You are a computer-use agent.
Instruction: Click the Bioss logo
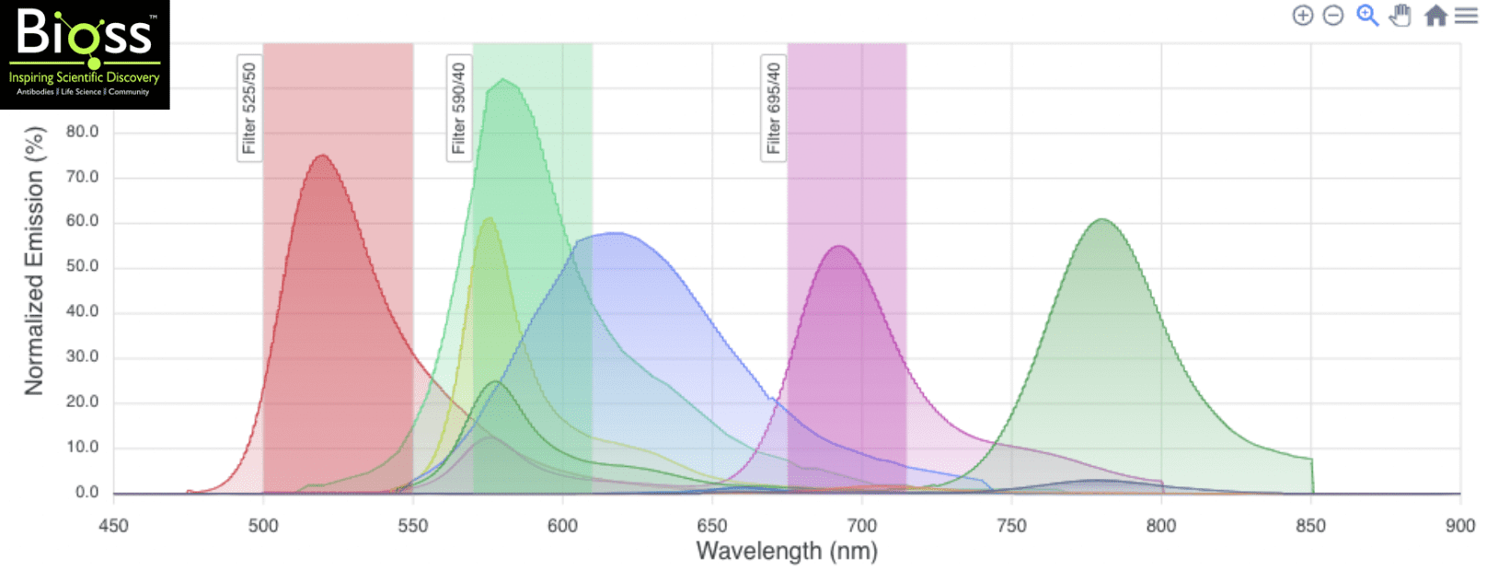click(x=85, y=54)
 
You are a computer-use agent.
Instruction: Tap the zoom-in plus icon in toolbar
click(x=1302, y=16)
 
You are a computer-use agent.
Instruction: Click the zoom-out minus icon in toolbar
click(x=1333, y=16)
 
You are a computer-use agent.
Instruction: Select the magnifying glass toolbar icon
click(x=1367, y=16)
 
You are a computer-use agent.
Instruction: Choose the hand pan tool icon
click(x=1401, y=16)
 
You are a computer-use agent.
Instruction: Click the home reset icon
click(x=1435, y=16)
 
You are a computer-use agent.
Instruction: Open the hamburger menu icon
click(x=1466, y=16)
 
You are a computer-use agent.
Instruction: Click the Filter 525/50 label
click(x=249, y=108)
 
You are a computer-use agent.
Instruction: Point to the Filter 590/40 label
click(x=459, y=108)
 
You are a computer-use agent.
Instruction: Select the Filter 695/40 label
click(x=773, y=108)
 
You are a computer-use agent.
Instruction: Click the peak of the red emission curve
click(x=322, y=156)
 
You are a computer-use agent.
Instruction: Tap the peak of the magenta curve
click(x=839, y=246)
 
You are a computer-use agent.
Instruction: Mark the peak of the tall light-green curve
click(x=502, y=80)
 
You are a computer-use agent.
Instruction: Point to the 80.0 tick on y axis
click(x=82, y=132)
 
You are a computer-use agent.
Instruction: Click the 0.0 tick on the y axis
click(x=86, y=492)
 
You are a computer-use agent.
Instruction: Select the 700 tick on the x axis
click(x=861, y=526)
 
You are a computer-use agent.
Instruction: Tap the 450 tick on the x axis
click(x=113, y=526)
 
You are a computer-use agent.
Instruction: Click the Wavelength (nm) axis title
click(x=787, y=551)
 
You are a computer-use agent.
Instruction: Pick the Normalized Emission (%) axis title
click(x=34, y=262)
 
